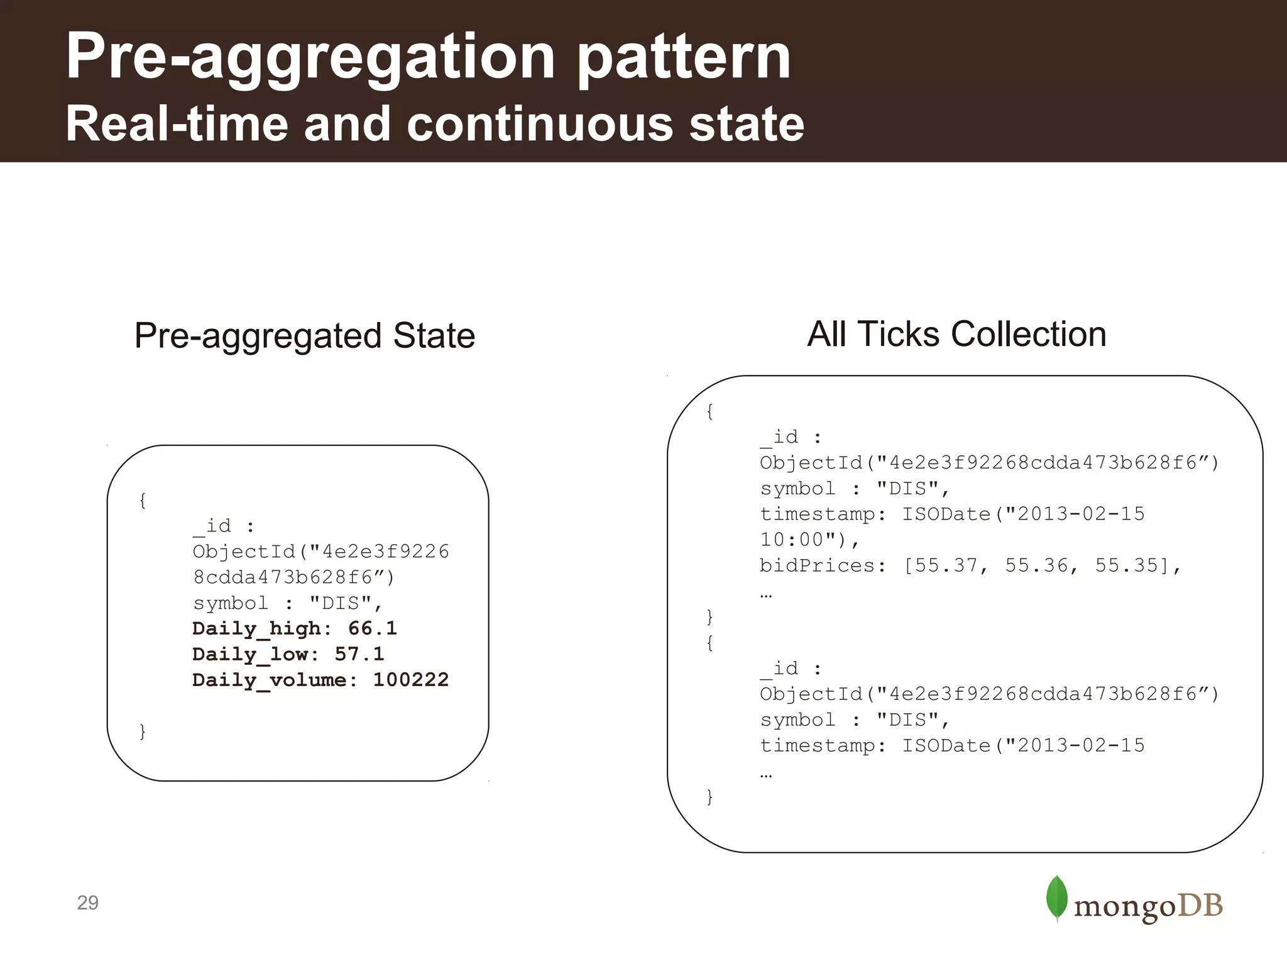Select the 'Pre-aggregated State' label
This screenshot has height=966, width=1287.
pyautogui.click(x=305, y=335)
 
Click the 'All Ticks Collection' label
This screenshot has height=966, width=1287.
pyautogui.click(x=956, y=334)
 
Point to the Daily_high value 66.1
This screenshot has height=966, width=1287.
pyautogui.click(x=373, y=628)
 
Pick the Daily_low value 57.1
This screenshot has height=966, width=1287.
pyautogui.click(x=359, y=654)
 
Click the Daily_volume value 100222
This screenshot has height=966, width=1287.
pyautogui.click(x=411, y=680)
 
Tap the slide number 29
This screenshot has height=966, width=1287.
pyautogui.click(x=87, y=902)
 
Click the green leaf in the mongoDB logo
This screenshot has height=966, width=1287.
pyautogui.click(x=1057, y=898)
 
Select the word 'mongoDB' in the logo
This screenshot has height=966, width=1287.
pyautogui.click(x=1148, y=906)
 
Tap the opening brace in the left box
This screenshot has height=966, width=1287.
pyautogui.click(x=143, y=501)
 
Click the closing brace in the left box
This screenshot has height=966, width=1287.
pyautogui.click(x=143, y=731)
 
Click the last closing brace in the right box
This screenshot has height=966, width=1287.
pyautogui.click(x=710, y=797)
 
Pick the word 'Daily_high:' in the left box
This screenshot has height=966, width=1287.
pyautogui.click(x=261, y=629)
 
